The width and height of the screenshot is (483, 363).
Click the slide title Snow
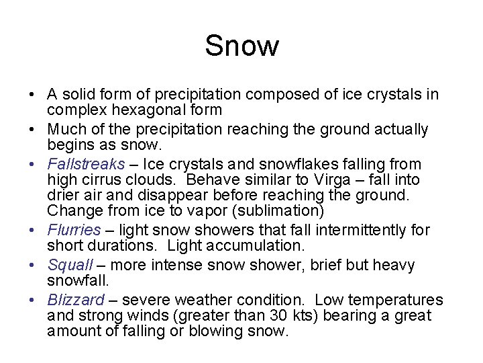241,46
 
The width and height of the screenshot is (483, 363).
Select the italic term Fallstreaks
86,164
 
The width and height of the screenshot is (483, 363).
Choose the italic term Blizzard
76,300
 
